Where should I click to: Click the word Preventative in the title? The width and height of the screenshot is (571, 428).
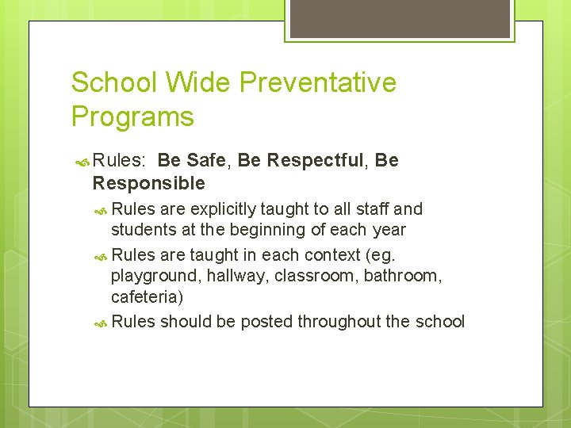click(x=318, y=82)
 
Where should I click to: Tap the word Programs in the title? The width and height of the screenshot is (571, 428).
click(x=132, y=117)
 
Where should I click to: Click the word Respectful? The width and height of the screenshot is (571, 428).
click(x=316, y=161)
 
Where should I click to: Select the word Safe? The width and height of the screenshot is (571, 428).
click(x=206, y=161)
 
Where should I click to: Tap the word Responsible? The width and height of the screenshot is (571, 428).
click(x=148, y=184)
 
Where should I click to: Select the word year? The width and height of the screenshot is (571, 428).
click(x=388, y=230)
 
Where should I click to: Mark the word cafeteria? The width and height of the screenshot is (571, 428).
click(x=147, y=296)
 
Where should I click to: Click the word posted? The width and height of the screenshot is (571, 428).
click(x=266, y=321)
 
